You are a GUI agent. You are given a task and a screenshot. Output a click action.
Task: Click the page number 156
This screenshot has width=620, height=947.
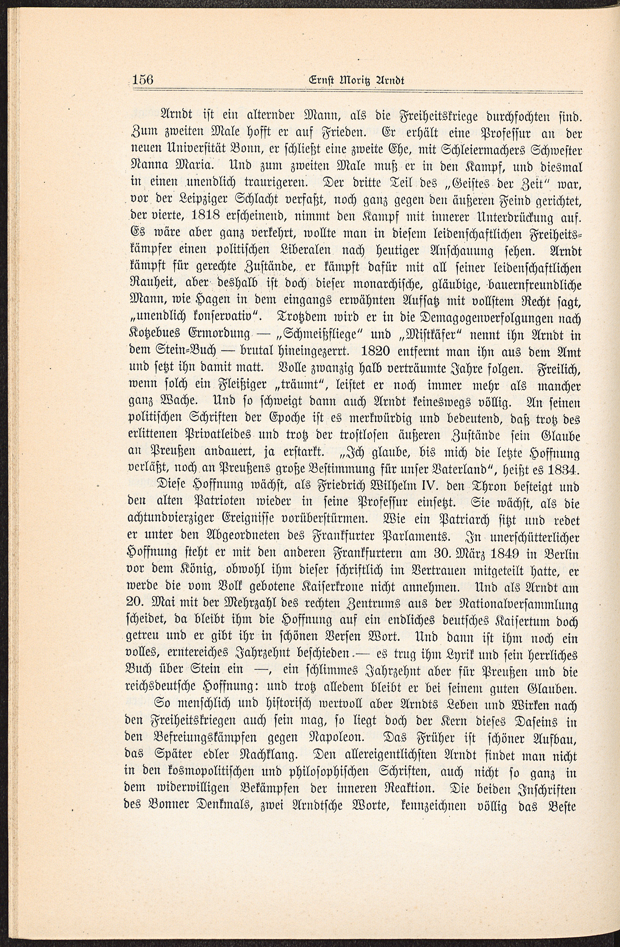tap(142, 80)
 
